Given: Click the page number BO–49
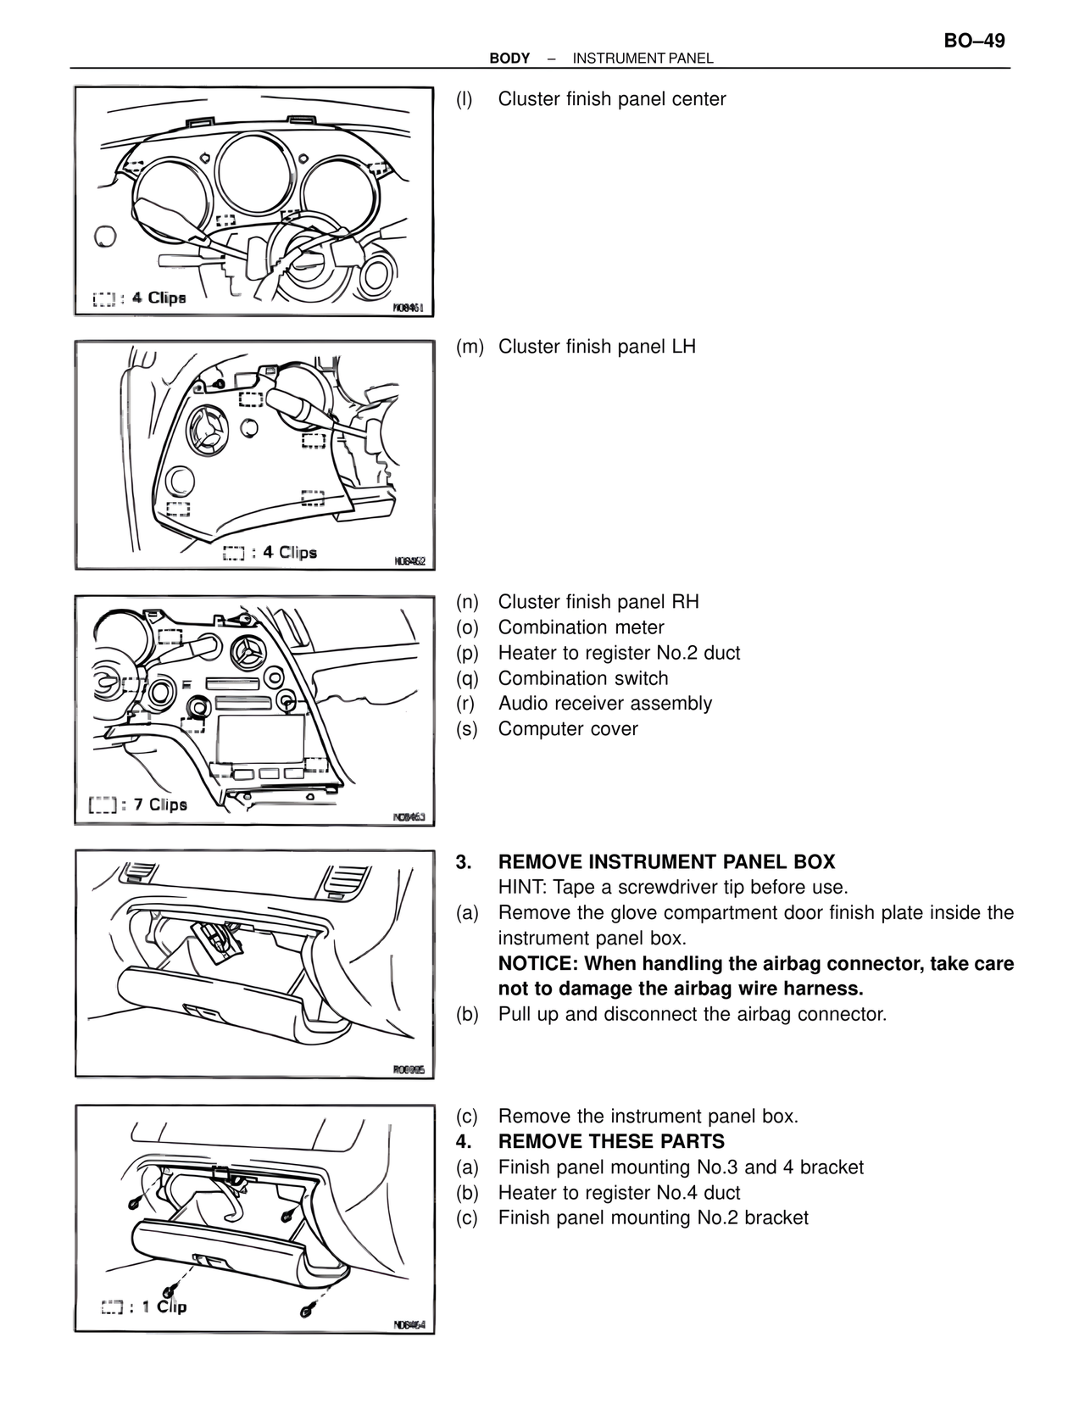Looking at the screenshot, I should (x=974, y=41).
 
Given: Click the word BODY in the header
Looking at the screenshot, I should (x=509, y=58).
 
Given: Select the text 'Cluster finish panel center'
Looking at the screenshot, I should (x=611, y=99).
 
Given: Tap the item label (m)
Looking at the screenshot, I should (x=469, y=347).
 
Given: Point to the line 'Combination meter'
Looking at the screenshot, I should (x=581, y=627).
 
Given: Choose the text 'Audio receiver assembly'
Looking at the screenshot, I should (x=604, y=704).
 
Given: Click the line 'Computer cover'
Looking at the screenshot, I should (x=567, y=729).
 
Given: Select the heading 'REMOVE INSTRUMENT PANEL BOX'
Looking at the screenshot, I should (x=666, y=862).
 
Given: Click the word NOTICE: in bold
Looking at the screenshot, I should (x=538, y=964).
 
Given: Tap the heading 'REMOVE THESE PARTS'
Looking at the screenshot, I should (x=611, y=1142).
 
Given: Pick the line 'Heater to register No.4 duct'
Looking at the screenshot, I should (x=619, y=1193).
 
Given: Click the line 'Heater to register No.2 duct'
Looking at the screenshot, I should (x=619, y=653).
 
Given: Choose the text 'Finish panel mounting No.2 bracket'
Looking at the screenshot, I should (x=653, y=1218).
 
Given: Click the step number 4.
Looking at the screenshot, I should (x=463, y=1142).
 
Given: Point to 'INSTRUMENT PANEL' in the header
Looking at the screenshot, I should (x=643, y=58).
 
